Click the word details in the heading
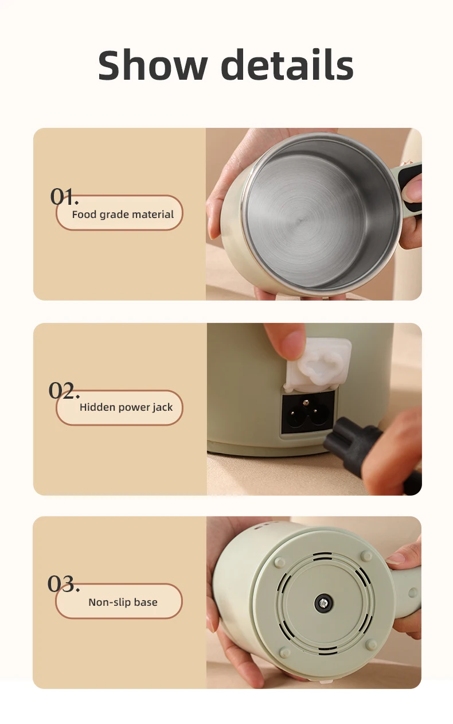click(x=287, y=64)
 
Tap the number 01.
click(x=64, y=196)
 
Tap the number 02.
click(x=64, y=390)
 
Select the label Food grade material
click(x=123, y=215)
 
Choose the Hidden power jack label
click(x=126, y=407)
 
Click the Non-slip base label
click(x=123, y=602)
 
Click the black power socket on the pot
click(x=308, y=412)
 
